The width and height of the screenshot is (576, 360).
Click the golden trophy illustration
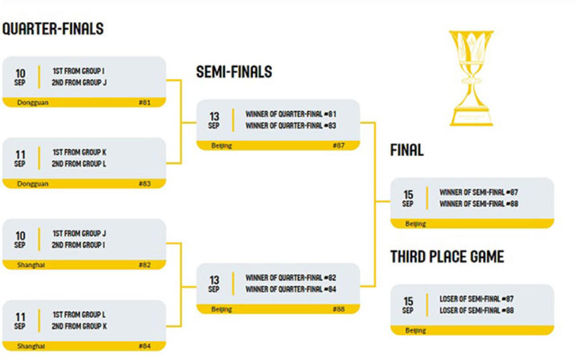click(471, 77)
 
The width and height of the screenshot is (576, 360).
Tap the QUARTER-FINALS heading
click(53, 29)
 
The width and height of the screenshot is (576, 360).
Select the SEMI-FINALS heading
click(234, 71)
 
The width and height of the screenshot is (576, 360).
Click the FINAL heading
click(407, 150)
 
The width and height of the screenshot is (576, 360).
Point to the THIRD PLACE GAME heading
click(447, 256)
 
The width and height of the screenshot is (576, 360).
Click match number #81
click(145, 103)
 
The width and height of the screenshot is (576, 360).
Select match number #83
click(145, 184)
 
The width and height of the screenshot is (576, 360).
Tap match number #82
click(145, 265)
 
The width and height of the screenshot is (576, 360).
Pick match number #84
click(145, 346)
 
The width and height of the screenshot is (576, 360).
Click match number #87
click(338, 146)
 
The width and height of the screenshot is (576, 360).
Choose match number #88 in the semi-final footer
click(338, 309)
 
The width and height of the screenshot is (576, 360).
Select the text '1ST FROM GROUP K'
click(79, 153)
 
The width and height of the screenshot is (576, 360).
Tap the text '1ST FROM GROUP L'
click(79, 315)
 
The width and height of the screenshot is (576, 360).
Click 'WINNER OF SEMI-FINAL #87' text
click(479, 192)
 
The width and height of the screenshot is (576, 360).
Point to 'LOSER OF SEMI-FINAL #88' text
click(476, 310)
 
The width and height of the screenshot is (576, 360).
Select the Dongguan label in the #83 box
click(33, 184)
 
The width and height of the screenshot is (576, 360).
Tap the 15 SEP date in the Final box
click(408, 198)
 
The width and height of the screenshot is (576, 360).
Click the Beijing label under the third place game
click(415, 331)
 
